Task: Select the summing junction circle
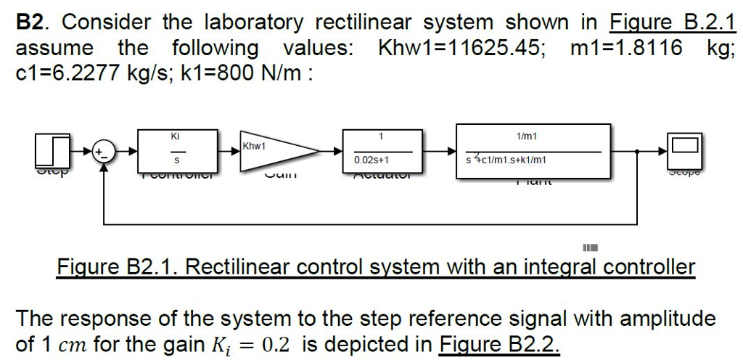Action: click(x=106, y=152)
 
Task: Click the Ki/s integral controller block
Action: click(x=175, y=151)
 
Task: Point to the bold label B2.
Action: click(x=32, y=22)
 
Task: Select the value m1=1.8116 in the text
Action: click(x=626, y=49)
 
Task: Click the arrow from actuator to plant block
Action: click(x=440, y=152)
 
